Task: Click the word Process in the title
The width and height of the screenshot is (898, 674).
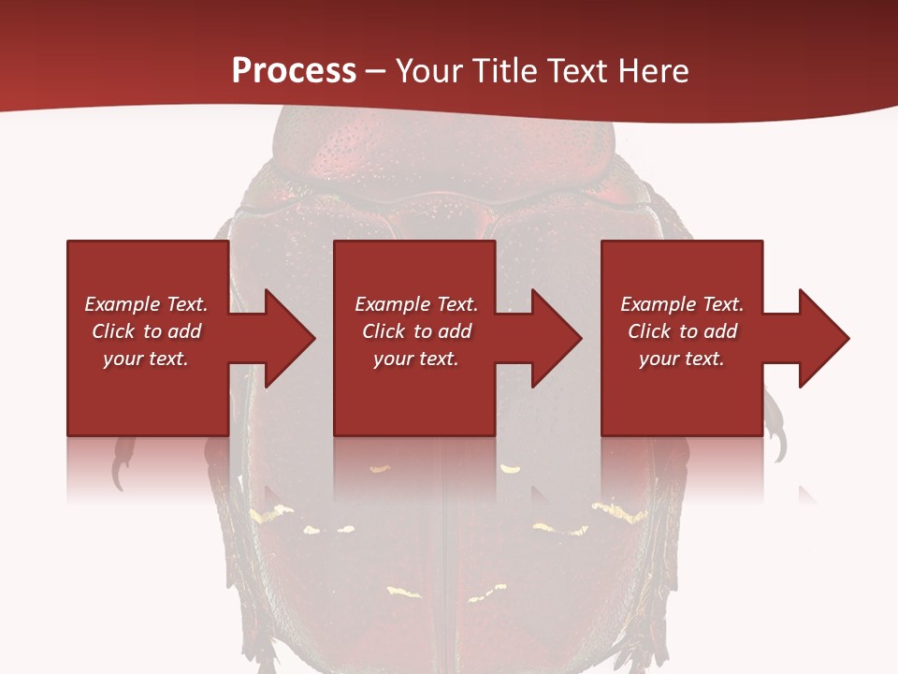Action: click(x=294, y=71)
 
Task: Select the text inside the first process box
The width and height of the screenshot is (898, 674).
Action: click(x=147, y=331)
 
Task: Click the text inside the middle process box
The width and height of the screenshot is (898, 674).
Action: click(x=416, y=331)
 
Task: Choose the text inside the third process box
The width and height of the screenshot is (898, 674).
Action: click(x=682, y=331)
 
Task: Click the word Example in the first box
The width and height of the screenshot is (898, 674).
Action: click(x=122, y=304)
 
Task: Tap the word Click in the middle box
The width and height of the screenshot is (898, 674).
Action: click(x=384, y=331)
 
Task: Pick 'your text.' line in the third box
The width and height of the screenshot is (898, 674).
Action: click(x=682, y=359)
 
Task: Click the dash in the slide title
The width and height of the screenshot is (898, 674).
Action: click(x=374, y=71)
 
